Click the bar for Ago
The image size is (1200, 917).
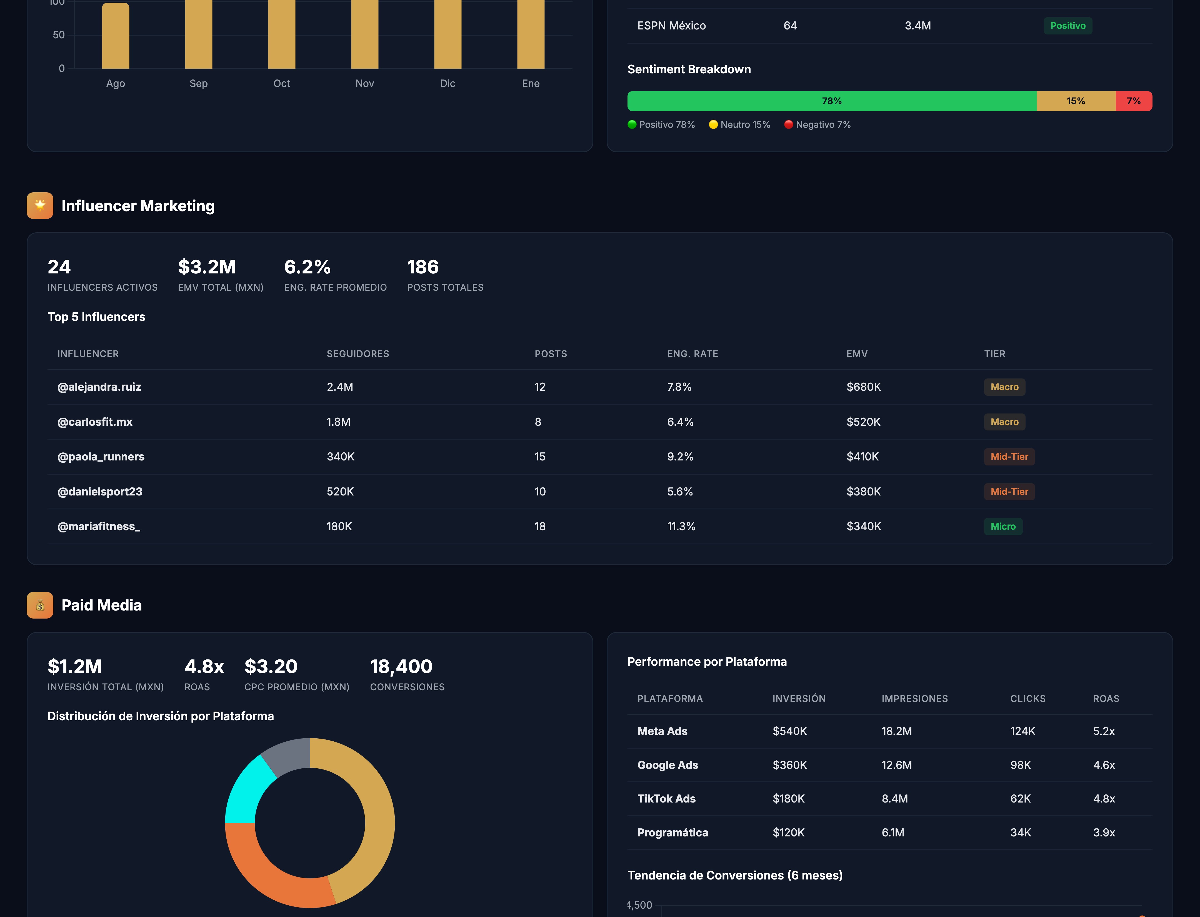[x=115, y=36]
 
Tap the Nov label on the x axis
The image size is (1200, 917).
[x=364, y=84]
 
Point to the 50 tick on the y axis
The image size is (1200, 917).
[x=58, y=35]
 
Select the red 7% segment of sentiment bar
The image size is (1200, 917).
[x=1133, y=101]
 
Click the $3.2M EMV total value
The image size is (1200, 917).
[x=207, y=267]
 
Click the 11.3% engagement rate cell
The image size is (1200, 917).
[x=681, y=526]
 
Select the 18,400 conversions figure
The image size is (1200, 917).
[x=401, y=666]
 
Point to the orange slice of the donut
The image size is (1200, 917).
[x=273, y=873]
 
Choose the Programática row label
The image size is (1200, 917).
[x=672, y=833]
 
